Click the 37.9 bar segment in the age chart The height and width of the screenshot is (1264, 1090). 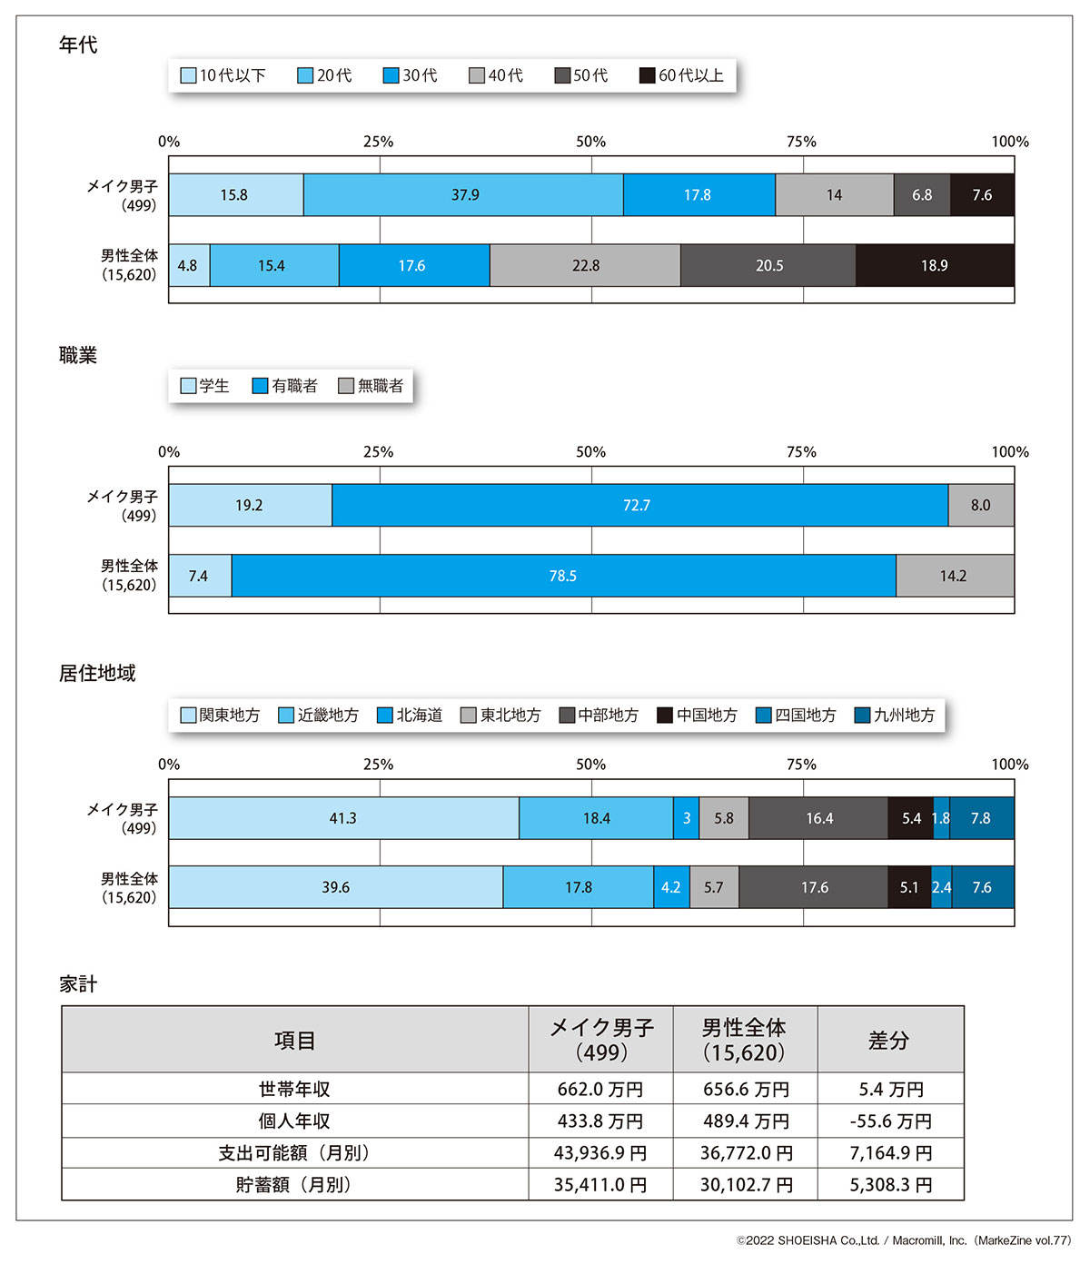[464, 195]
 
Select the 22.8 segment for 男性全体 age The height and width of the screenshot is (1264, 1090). [585, 265]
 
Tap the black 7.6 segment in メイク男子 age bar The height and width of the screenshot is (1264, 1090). [982, 195]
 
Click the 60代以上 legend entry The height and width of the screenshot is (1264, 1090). [682, 75]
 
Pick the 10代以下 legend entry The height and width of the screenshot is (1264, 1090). [223, 75]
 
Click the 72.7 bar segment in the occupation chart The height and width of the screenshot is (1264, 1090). [637, 506]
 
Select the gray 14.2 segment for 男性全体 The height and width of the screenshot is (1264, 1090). [954, 576]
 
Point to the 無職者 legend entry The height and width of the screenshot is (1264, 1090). [372, 386]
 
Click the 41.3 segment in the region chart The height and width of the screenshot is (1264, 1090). [343, 818]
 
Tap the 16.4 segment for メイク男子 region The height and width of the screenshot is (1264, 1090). [818, 818]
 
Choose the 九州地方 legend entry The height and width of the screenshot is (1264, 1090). [895, 716]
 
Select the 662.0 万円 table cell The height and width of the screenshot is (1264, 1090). [600, 1090]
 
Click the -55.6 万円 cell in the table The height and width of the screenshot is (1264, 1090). [890, 1121]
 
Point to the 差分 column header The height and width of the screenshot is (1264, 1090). [889, 1041]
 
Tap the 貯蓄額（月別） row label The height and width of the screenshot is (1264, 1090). [294, 1185]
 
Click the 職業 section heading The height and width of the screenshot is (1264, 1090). [78, 356]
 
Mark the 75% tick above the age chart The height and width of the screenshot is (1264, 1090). [801, 142]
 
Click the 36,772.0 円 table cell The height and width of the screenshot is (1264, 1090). [746, 1153]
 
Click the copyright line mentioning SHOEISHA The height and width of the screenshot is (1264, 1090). [904, 1240]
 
